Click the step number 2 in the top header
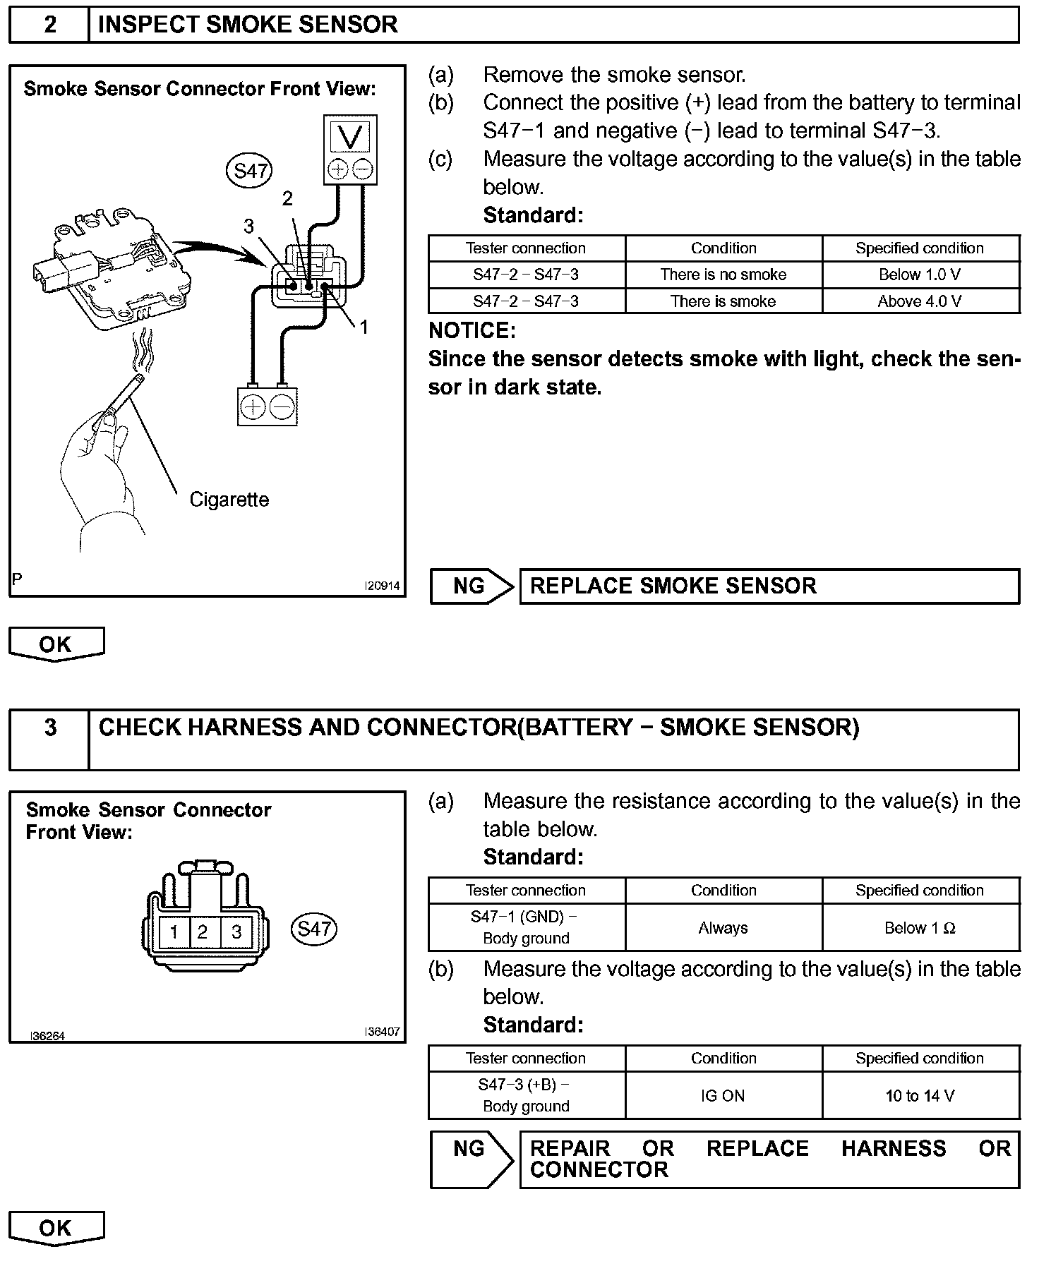[50, 25]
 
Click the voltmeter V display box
[350, 136]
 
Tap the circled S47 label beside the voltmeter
[249, 171]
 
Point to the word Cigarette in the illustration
[229, 500]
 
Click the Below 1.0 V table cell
[920, 275]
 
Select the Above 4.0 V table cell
[920, 301]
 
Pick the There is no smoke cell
[723, 275]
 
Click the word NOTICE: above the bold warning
[472, 330]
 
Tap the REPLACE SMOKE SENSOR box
[769, 586]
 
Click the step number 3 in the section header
[50, 727]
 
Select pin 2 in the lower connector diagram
[203, 932]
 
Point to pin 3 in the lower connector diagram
[236, 932]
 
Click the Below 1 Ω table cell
[920, 928]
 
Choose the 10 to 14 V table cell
[920, 1096]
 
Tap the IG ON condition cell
[723, 1096]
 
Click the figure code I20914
[382, 586]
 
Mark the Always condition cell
[723, 928]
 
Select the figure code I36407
[382, 1032]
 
